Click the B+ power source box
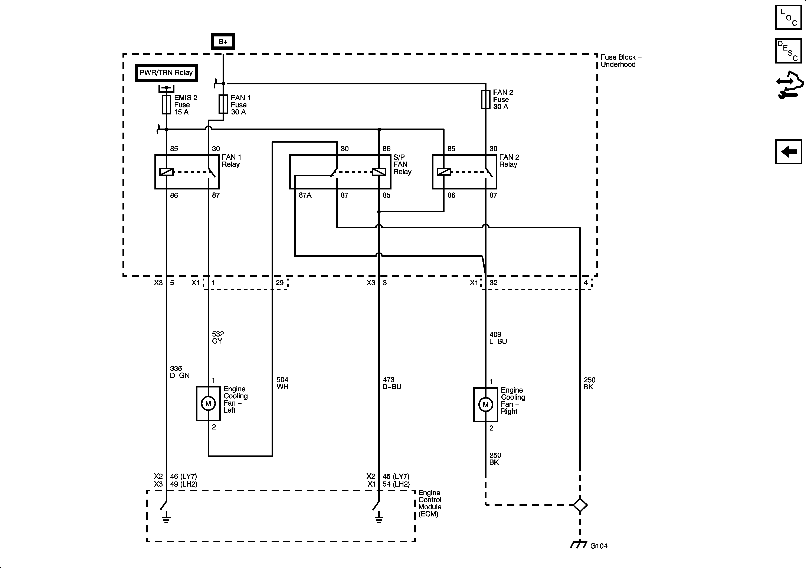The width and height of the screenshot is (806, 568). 223,41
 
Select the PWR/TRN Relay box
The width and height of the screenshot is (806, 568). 166,73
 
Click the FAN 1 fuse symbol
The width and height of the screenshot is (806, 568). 223,104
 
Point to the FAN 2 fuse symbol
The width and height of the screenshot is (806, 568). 485,99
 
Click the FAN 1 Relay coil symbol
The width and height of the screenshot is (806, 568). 166,172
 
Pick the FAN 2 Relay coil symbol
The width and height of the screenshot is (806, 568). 444,172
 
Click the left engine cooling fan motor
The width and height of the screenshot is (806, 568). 208,404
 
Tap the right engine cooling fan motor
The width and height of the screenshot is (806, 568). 485,405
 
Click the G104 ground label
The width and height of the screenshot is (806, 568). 599,546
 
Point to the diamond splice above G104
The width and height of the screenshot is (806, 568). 580,505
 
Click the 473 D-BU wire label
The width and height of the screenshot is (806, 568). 392,383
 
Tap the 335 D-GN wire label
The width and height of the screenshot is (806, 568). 180,372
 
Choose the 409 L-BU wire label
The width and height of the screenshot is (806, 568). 498,338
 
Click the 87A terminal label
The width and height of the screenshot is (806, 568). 305,195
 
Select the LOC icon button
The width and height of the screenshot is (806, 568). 789,17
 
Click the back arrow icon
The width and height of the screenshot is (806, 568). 789,152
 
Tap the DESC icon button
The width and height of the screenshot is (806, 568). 789,51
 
